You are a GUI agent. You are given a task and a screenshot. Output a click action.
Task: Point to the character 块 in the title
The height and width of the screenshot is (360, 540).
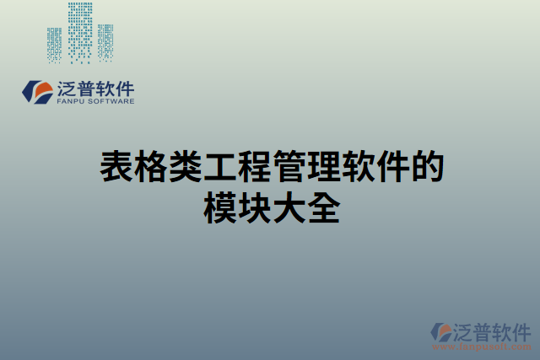coord(253,207)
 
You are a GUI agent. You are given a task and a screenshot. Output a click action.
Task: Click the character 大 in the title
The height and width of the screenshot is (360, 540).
coord(288,207)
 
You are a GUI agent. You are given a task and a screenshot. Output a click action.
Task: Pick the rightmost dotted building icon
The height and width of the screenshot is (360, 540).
coord(105,43)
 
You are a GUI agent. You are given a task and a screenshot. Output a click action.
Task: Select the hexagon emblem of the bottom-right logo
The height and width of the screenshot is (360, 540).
coord(441,331)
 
